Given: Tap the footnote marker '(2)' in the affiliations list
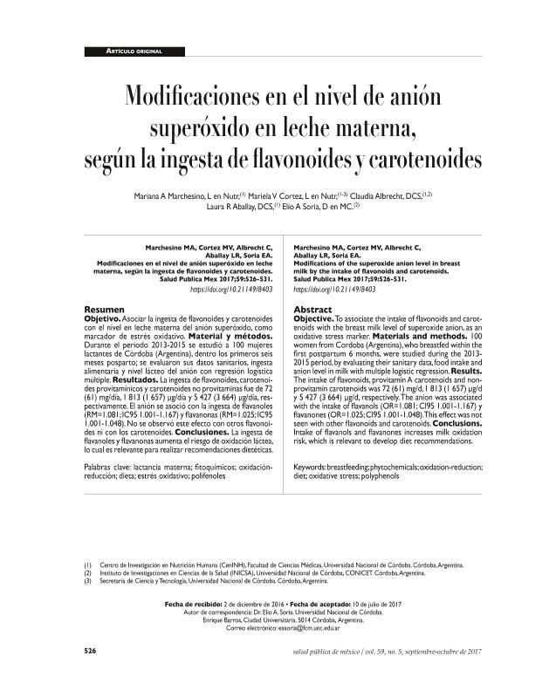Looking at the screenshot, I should coord(87,573).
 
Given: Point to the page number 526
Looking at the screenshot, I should coord(90,653).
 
